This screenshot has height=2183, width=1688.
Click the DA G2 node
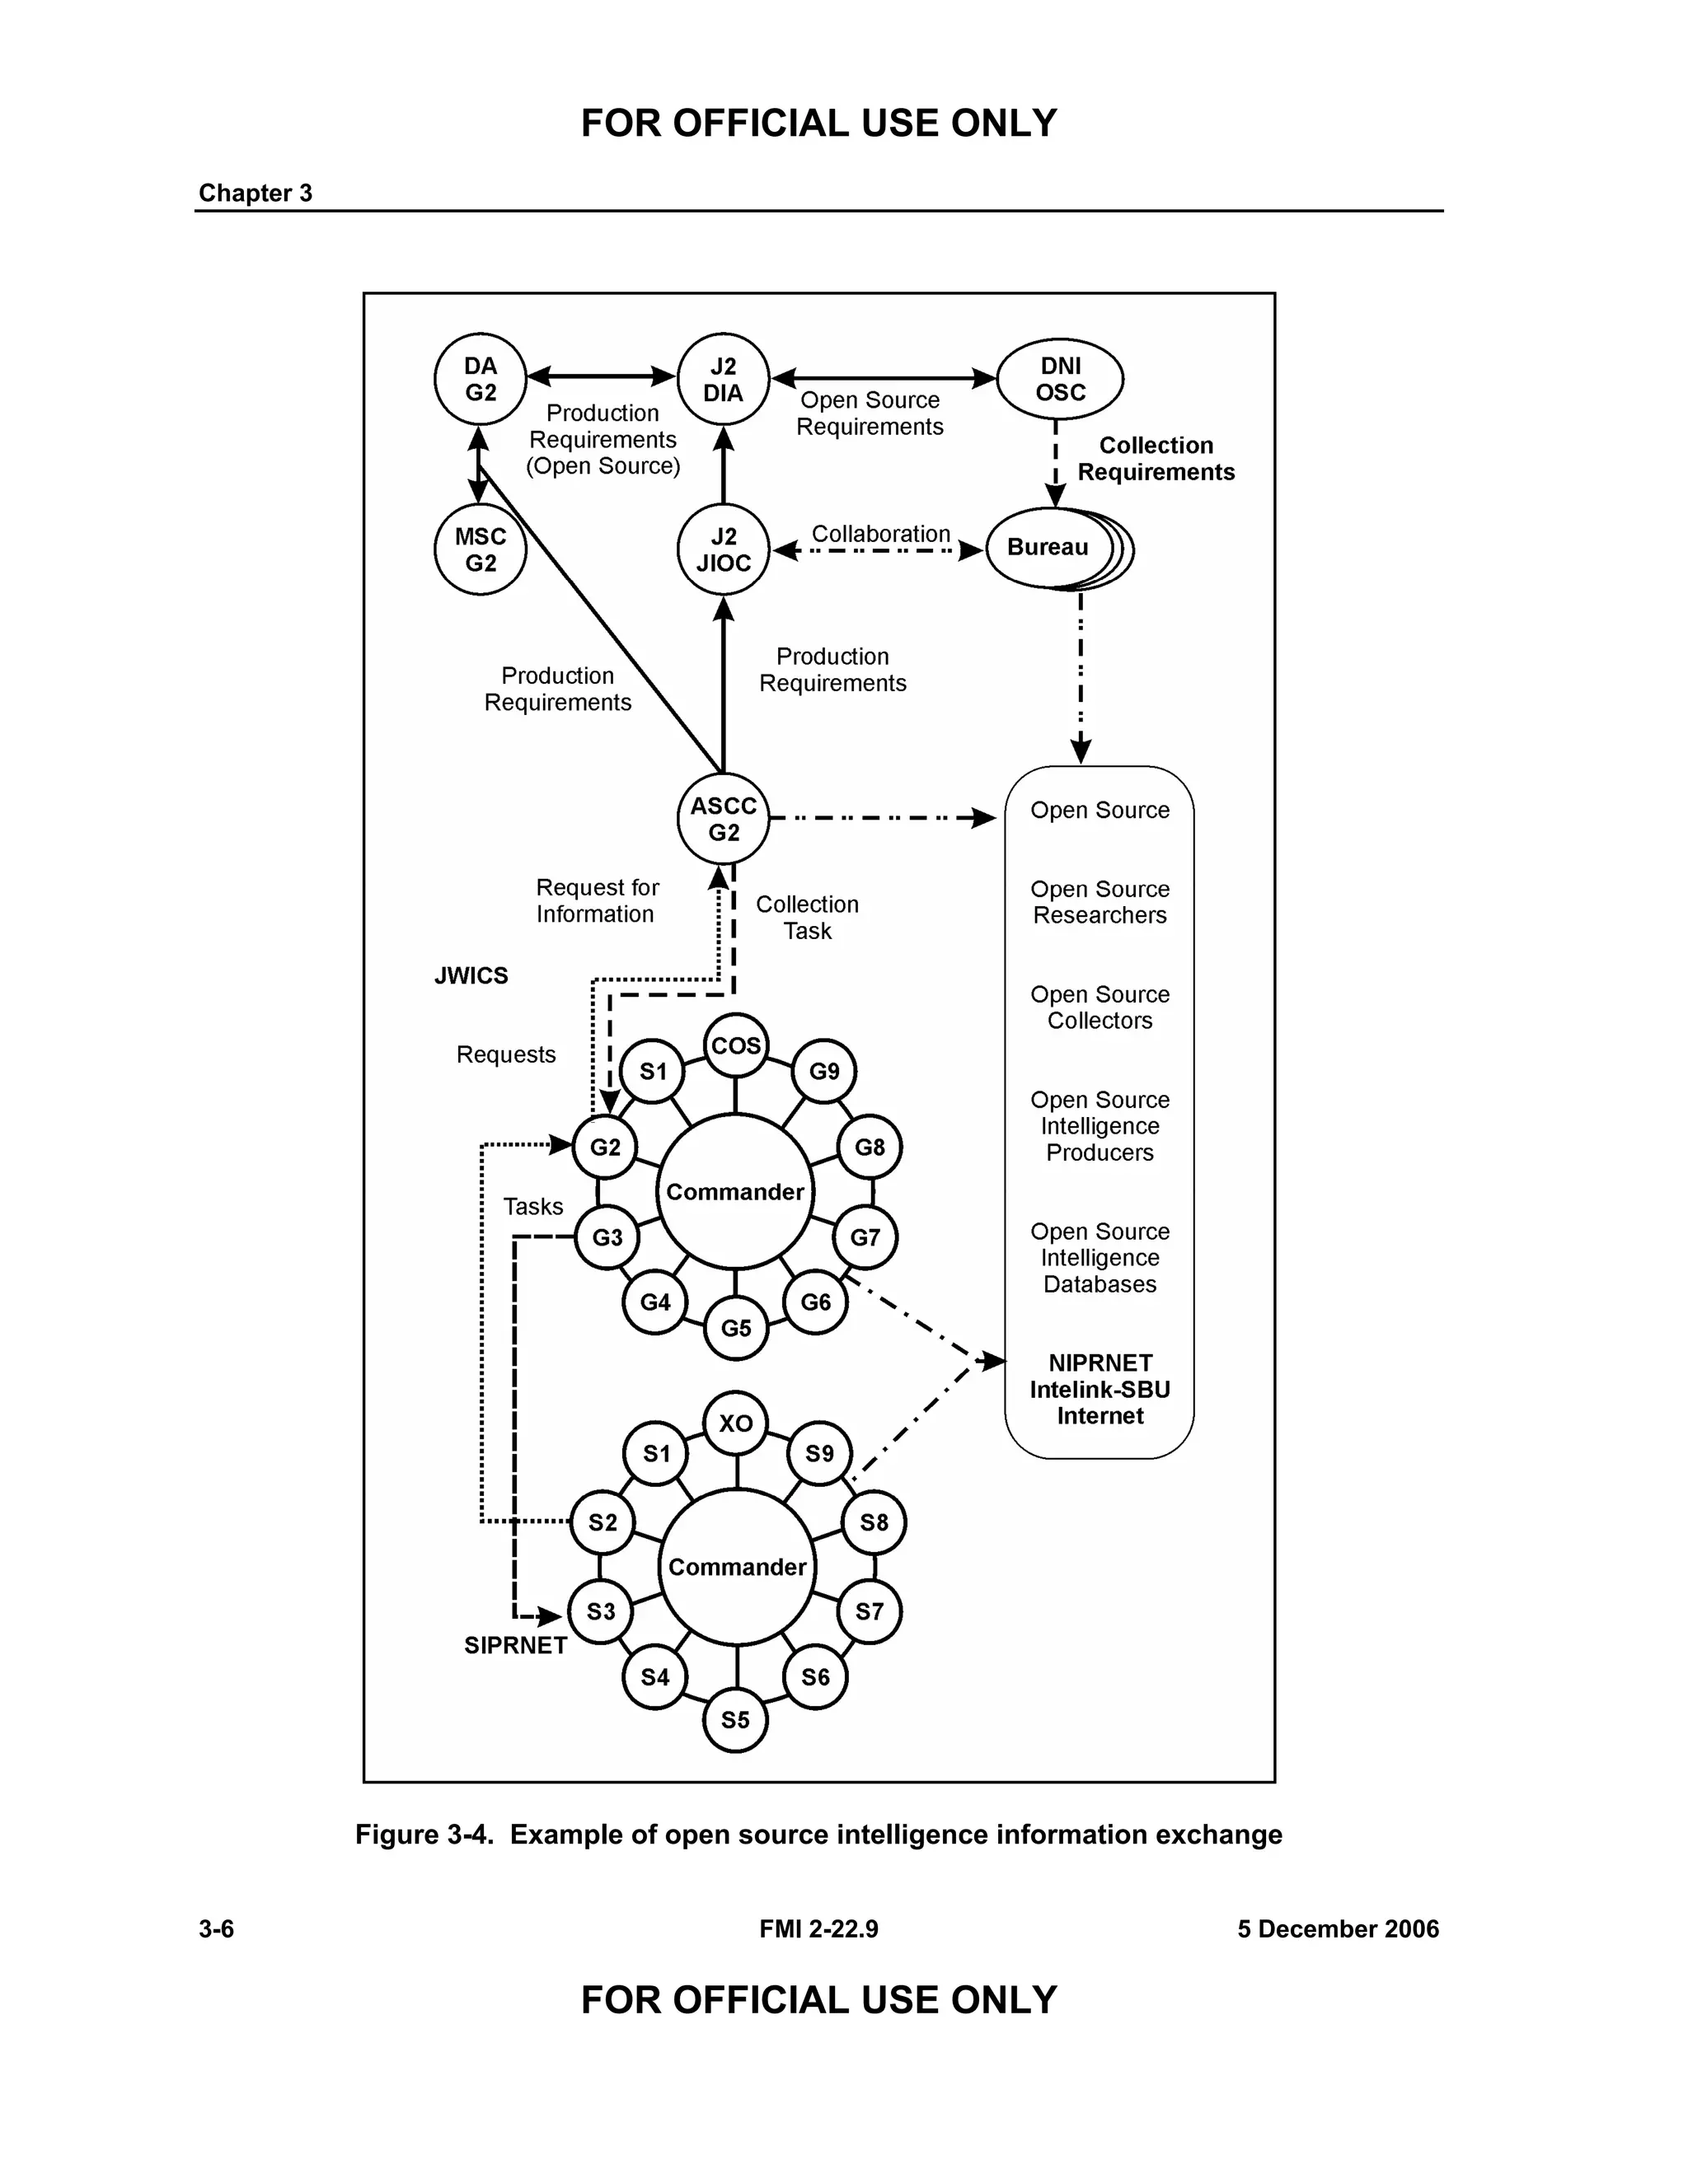480,379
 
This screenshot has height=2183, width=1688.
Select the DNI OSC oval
1060,379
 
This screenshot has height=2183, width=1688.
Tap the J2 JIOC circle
723,549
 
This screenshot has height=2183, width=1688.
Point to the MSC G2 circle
480,549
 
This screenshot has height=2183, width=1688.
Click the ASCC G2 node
723,819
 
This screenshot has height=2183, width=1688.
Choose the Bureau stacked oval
1050,548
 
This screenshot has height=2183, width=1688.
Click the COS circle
736,1045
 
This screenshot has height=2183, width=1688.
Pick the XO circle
736,1423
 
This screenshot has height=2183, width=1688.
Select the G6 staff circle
815,1302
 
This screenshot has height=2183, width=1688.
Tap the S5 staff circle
735,1720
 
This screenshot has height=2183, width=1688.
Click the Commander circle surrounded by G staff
735,1191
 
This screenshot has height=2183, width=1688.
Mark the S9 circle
819,1453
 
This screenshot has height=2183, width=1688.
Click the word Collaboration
880,534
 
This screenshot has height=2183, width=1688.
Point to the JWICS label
471,975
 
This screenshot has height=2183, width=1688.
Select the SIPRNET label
515,1645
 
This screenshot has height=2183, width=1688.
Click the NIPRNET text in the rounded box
1100,1363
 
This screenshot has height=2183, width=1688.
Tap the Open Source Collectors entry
1100,1007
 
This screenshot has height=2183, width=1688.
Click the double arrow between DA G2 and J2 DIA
601,376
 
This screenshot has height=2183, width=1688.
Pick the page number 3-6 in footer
216,1929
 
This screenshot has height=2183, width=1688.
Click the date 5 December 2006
1337,1929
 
